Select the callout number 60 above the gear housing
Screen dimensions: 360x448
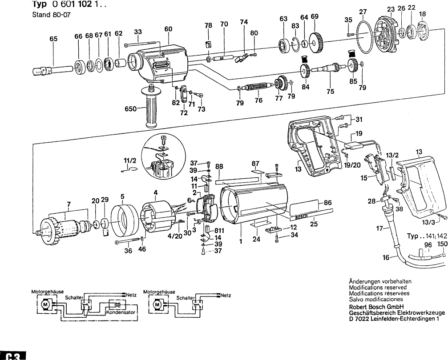pos(168,29)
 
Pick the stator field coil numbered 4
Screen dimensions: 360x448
pos(157,217)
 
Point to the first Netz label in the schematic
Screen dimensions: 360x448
pos(131,294)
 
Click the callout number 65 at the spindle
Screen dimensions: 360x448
pos(53,39)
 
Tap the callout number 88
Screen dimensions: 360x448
pos(218,167)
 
